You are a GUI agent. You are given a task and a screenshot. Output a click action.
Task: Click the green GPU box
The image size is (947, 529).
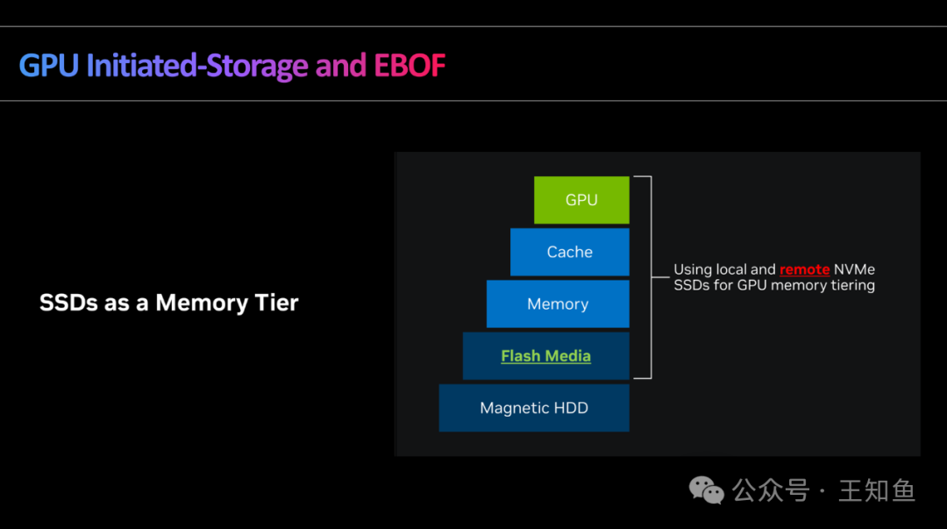(x=581, y=200)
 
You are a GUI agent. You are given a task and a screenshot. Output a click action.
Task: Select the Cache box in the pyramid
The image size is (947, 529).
(x=570, y=253)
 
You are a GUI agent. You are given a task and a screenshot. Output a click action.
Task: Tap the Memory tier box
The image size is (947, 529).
(x=558, y=304)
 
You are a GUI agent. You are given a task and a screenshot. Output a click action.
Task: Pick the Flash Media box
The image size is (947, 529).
(x=545, y=356)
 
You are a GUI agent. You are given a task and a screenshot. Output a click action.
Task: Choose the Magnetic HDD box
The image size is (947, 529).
(x=534, y=408)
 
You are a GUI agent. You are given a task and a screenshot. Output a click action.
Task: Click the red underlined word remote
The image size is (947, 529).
(x=804, y=270)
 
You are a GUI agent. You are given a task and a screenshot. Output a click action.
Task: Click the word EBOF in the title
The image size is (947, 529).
(x=409, y=66)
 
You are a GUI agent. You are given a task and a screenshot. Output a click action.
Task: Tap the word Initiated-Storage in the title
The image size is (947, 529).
(x=197, y=66)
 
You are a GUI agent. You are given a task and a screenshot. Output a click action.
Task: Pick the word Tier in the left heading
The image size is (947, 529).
(x=278, y=304)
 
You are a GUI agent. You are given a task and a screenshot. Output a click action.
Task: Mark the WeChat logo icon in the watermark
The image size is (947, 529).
(x=707, y=490)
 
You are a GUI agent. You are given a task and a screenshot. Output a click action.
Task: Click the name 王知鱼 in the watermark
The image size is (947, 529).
(x=876, y=490)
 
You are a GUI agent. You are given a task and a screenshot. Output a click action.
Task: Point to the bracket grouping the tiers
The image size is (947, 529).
(x=648, y=277)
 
